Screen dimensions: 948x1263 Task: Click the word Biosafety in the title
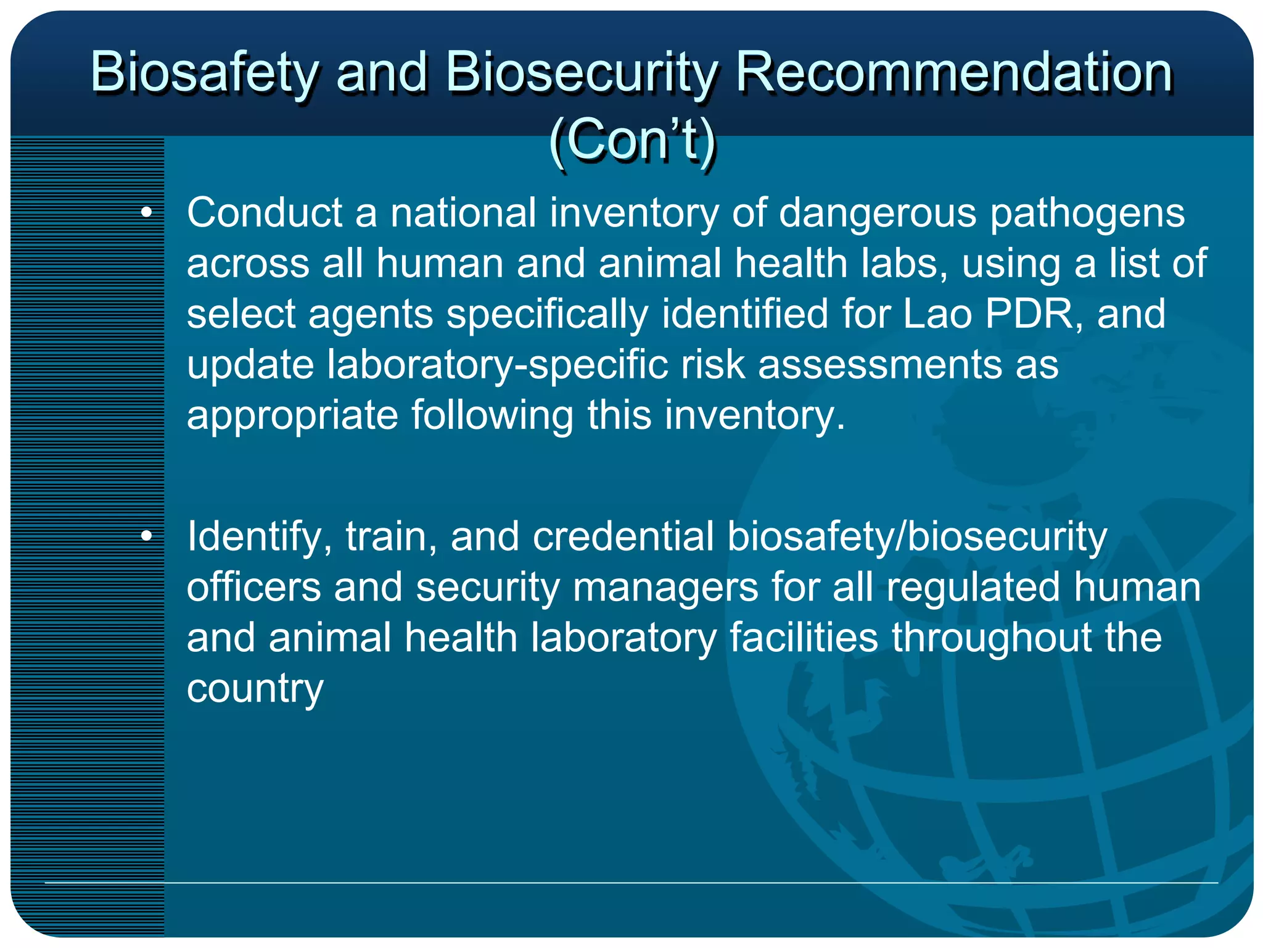click(x=204, y=73)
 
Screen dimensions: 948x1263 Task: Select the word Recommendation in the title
click(x=954, y=73)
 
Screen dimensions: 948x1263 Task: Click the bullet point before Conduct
click(x=146, y=213)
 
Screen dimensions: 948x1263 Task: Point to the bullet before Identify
click(x=146, y=536)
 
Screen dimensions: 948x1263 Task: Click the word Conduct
click(x=265, y=213)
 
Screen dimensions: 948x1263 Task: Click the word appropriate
click(x=292, y=416)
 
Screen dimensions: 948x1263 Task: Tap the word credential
click(x=623, y=536)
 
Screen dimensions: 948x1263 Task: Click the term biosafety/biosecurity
click(x=917, y=536)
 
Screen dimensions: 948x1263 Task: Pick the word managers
click(x=665, y=588)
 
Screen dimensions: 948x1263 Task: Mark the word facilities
click(x=804, y=638)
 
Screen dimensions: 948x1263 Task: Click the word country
click(x=255, y=689)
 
